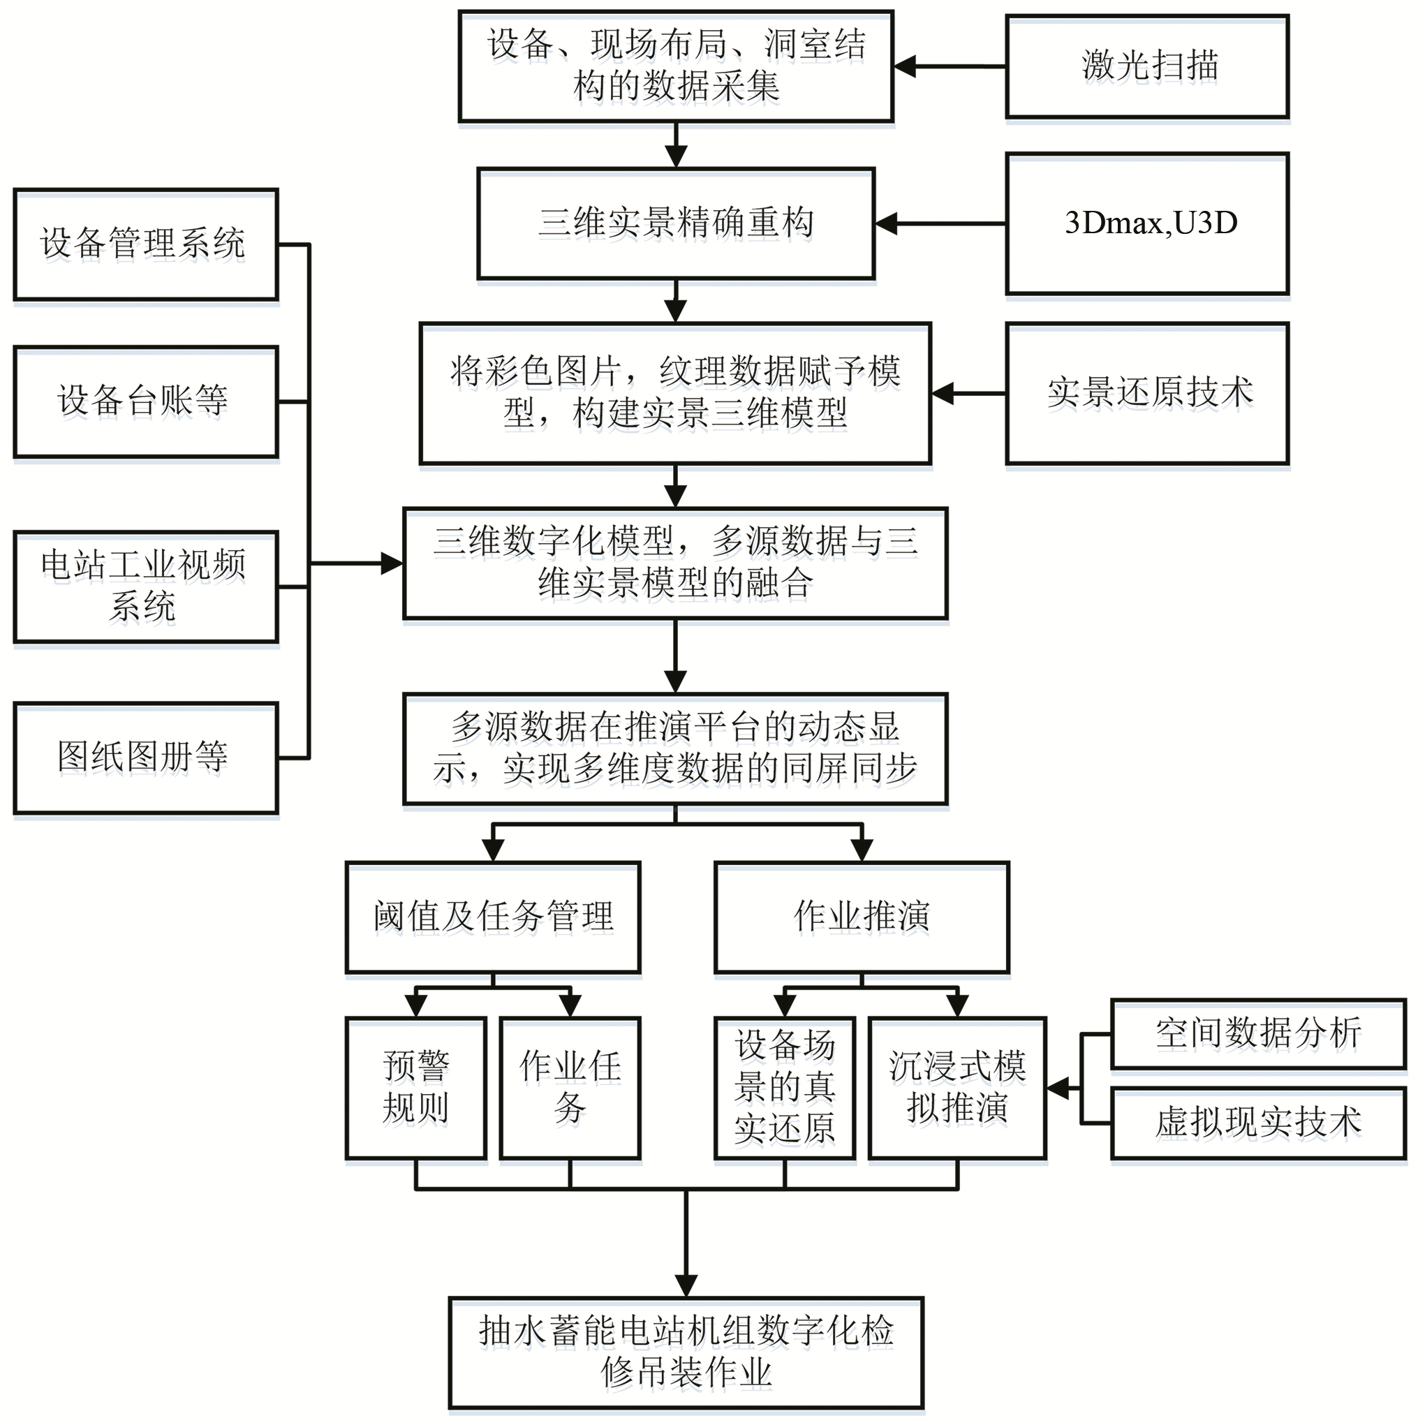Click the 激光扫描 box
1146,66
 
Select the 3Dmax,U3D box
1146,223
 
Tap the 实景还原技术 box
1146,393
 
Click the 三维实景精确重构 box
675,223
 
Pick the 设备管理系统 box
145,244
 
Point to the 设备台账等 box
145,401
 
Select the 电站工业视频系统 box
145,586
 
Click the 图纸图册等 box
145,758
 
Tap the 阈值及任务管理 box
493,917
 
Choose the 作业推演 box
862,917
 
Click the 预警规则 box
416,1087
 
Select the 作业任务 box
569,1087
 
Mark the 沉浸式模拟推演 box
957,1087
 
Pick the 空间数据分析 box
1257,1033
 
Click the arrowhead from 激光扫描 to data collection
906,66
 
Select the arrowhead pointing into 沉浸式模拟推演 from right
1058,1088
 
